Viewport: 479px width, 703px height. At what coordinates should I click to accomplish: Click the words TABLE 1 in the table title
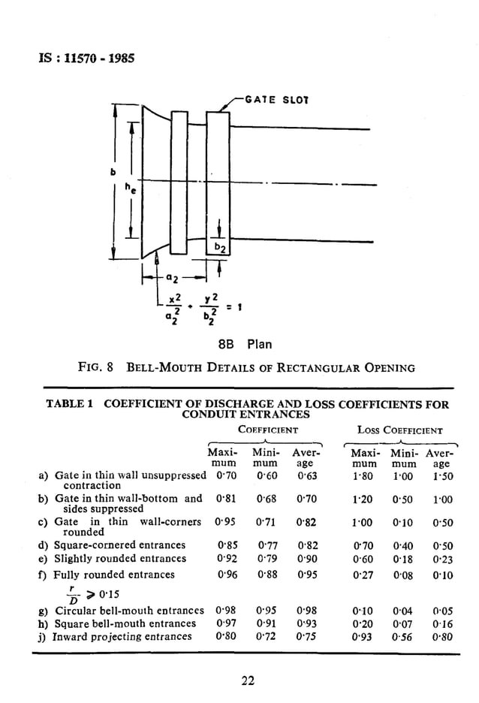pyautogui.click(x=70, y=404)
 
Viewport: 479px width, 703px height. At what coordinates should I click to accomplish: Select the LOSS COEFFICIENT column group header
pyautogui.click(x=400, y=430)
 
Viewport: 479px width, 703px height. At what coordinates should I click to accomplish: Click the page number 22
pyautogui.click(x=248, y=680)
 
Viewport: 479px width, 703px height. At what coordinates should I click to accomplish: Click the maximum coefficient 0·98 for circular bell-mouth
pyautogui.click(x=225, y=610)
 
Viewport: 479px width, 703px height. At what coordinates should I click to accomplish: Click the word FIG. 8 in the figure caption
pyautogui.click(x=95, y=368)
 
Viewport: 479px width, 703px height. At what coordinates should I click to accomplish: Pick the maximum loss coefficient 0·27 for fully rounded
pyautogui.click(x=364, y=575)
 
